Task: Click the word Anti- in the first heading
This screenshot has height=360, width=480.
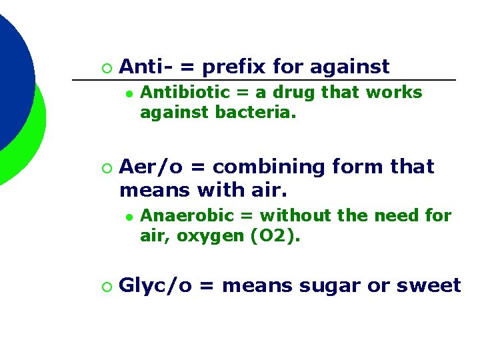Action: pos(145,67)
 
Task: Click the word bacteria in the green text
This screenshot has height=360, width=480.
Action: pos(256,114)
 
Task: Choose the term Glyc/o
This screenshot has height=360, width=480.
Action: pos(156,286)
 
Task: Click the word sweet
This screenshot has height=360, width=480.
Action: pos(429,286)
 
